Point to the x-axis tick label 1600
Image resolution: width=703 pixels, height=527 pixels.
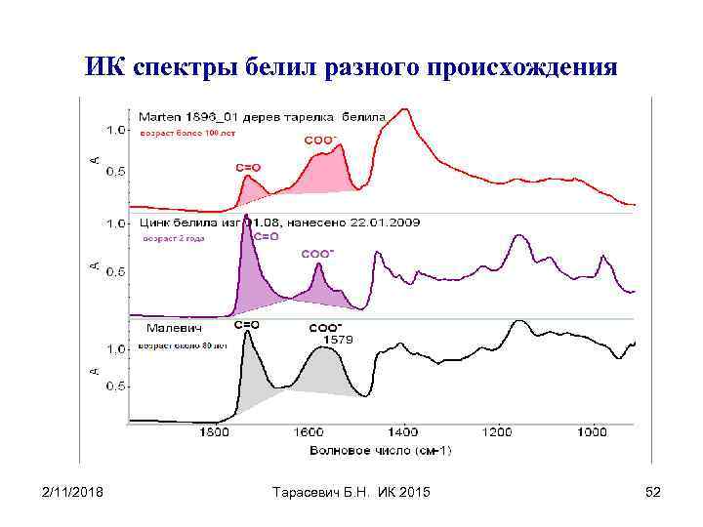(309, 432)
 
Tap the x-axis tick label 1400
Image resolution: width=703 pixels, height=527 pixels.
(402, 432)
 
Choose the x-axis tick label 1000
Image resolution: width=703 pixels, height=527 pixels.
(592, 432)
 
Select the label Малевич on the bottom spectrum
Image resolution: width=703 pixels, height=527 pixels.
(175, 328)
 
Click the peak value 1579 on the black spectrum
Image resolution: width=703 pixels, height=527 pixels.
(338, 339)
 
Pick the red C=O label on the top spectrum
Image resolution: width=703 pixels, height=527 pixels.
(248, 167)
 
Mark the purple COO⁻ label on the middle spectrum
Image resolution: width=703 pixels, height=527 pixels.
(316, 254)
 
